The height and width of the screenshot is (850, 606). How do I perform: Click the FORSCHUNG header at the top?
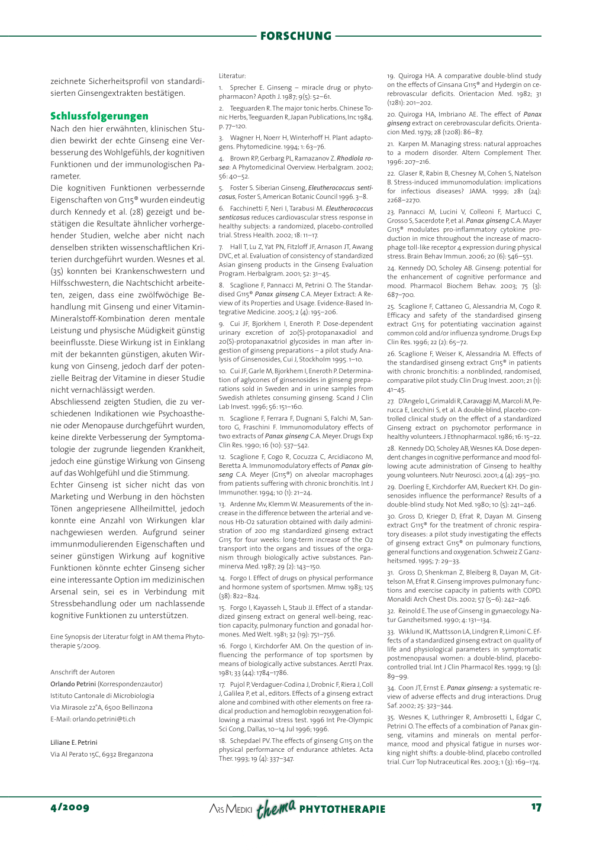[x=295, y=36]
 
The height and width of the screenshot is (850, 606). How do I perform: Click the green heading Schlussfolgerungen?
[x=99, y=116]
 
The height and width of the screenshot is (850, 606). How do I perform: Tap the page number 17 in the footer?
[x=536, y=807]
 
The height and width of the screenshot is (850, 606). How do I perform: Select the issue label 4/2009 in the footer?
[x=70, y=807]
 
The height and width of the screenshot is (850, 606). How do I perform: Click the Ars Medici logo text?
[x=231, y=809]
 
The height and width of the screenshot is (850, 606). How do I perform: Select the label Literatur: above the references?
[x=232, y=76]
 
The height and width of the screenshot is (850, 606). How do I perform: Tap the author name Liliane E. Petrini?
[x=74, y=742]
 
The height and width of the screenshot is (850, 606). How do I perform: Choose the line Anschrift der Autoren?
[x=83, y=672]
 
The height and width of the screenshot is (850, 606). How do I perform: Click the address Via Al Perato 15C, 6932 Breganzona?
[x=102, y=754]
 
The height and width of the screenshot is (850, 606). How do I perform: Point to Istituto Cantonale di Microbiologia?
[x=102, y=696]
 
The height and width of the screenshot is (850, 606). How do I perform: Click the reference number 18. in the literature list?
[x=223, y=741]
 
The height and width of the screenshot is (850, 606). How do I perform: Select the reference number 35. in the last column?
[x=391, y=718]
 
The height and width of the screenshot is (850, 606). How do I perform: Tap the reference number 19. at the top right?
[x=391, y=76]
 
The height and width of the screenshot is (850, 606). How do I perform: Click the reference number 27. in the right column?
[x=391, y=401]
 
